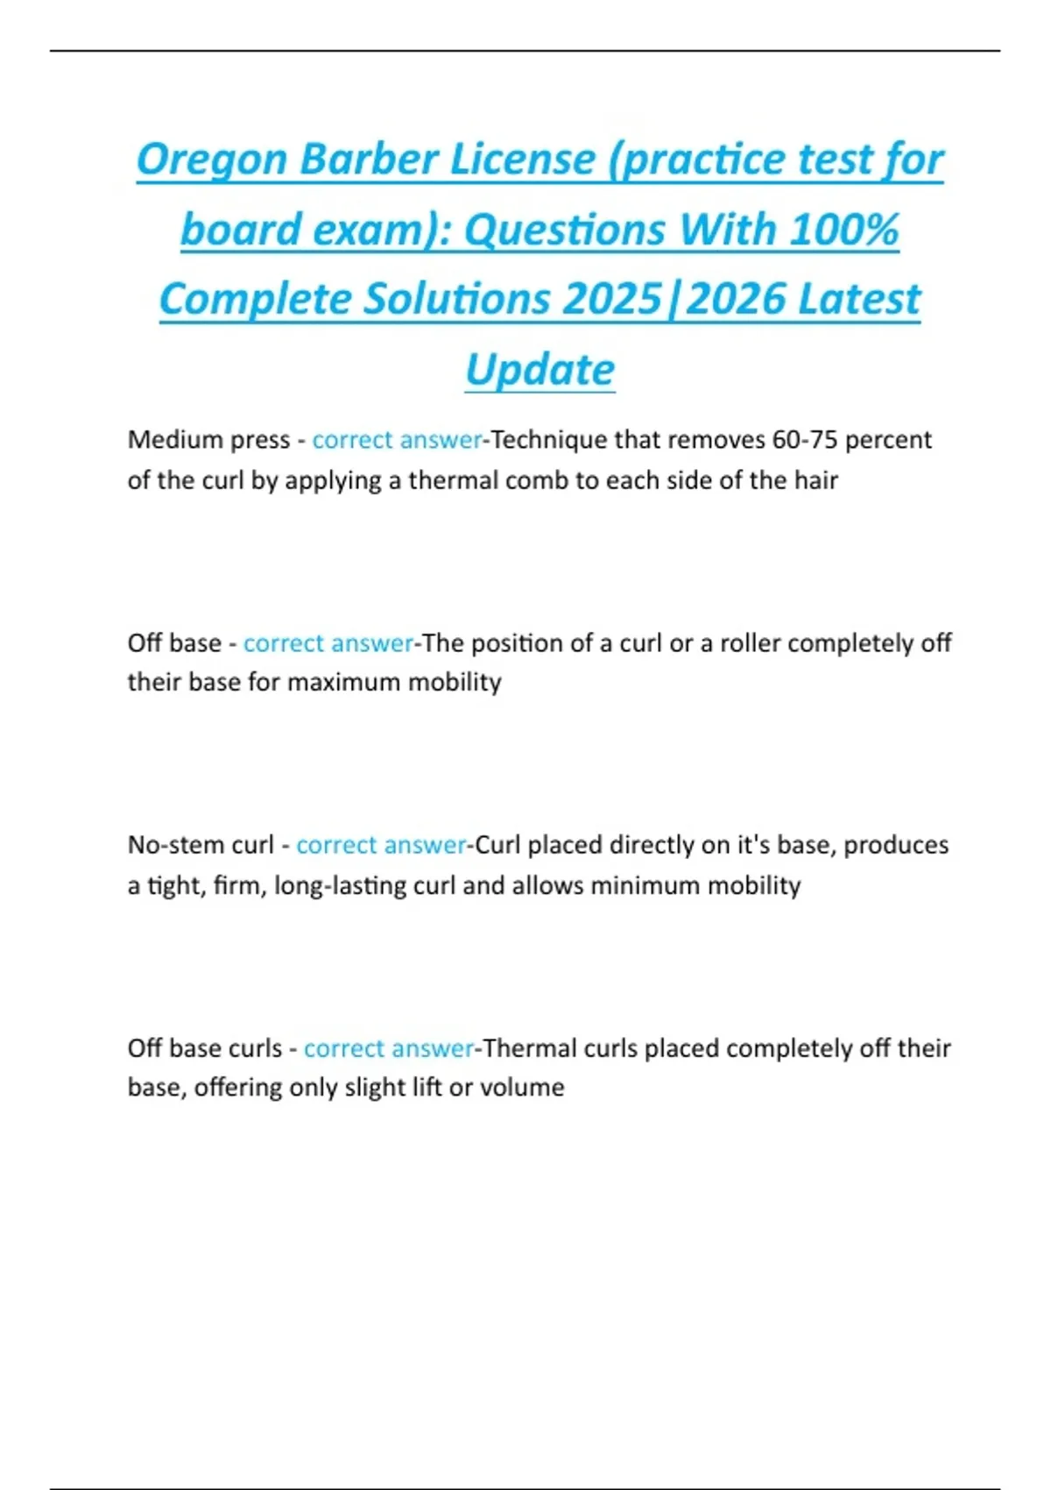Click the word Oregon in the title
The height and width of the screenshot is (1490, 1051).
pyautogui.click(x=212, y=160)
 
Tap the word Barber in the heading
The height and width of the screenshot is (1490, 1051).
pyautogui.click(x=369, y=160)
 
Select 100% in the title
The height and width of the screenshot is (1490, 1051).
pyautogui.click(x=843, y=231)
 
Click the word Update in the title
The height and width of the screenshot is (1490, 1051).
pyautogui.click(x=540, y=370)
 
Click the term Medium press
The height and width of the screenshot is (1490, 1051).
pyautogui.click(x=208, y=439)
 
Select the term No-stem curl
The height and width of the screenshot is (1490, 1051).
pyautogui.click(x=201, y=845)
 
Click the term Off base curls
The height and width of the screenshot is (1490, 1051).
pyautogui.click(x=205, y=1048)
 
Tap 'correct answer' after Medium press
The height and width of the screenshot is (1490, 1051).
pyautogui.click(x=397, y=439)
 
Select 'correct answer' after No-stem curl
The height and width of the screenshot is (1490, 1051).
pyautogui.click(x=381, y=845)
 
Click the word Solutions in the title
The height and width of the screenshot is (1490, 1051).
pyautogui.click(x=458, y=300)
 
